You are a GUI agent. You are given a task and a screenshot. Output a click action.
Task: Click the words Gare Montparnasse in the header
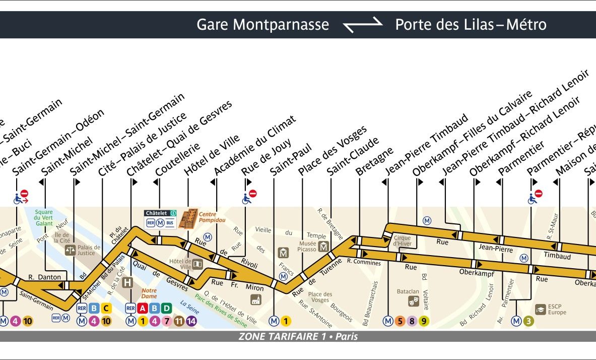pyautogui.click(x=262, y=25)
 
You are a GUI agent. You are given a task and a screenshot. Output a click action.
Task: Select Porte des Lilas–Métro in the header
pyautogui.click(x=471, y=25)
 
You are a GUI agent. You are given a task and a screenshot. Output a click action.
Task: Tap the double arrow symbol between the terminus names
pyautogui.click(x=362, y=25)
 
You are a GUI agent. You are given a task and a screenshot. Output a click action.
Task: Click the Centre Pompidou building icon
pyautogui.click(x=187, y=218)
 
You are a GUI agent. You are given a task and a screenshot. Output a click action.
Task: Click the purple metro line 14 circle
pyautogui.click(x=191, y=320)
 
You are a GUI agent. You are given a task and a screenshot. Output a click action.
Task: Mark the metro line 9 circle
pyautogui.click(x=424, y=321)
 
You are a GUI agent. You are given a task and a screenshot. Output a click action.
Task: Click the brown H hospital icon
pyautogui.click(x=128, y=282)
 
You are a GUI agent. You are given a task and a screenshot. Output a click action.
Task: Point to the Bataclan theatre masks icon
pyautogui.click(x=414, y=301)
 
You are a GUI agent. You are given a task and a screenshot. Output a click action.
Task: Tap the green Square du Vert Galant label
pyautogui.click(x=43, y=217)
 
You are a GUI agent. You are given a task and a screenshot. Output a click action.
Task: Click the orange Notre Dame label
pyautogui.click(x=149, y=293)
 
